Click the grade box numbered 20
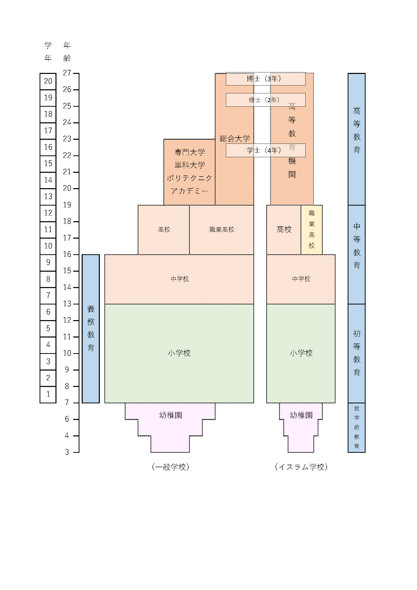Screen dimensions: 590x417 pyautogui.click(x=48, y=81)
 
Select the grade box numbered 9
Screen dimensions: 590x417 pyautogui.click(x=48, y=263)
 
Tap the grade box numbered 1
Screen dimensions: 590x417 pyautogui.click(x=48, y=395)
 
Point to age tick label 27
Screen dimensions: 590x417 pyautogui.click(x=67, y=73)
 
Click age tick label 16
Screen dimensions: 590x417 pyautogui.click(x=67, y=255)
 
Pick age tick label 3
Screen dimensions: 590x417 pyautogui.click(x=67, y=452)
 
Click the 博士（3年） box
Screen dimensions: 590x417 pyautogui.click(x=265, y=79)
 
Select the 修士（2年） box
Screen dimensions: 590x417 pyautogui.click(x=265, y=100)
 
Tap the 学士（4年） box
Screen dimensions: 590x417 pyautogui.click(x=265, y=150)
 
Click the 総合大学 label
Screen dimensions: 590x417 pyautogui.click(x=235, y=139)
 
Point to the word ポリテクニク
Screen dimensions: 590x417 pyautogui.click(x=190, y=178)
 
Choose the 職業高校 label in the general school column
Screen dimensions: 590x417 pyautogui.click(x=222, y=230)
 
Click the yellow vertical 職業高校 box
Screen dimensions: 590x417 pyautogui.click(x=311, y=230)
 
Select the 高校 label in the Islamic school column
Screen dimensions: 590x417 pyautogui.click(x=284, y=230)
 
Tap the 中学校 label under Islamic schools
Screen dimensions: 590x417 pyautogui.click(x=301, y=279)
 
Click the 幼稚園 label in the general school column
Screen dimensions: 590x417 pyautogui.click(x=170, y=415)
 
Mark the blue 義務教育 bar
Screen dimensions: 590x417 pyautogui.click(x=91, y=329)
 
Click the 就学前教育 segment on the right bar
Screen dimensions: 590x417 pyautogui.click(x=356, y=427)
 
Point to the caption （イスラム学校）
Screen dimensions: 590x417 pyautogui.click(x=301, y=467)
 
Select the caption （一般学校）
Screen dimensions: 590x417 pyautogui.click(x=170, y=467)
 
